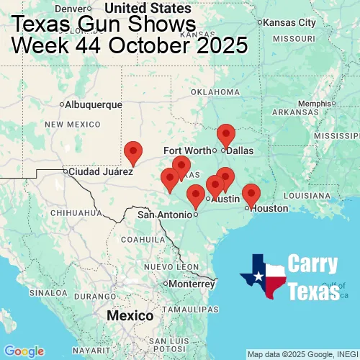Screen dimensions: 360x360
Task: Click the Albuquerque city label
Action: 94,104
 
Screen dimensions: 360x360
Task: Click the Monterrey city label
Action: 192,284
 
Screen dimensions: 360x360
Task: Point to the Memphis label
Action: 315,103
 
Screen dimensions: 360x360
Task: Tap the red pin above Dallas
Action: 226,135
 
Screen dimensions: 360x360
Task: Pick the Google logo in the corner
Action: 24,351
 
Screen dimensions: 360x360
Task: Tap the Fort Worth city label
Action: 188,150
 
